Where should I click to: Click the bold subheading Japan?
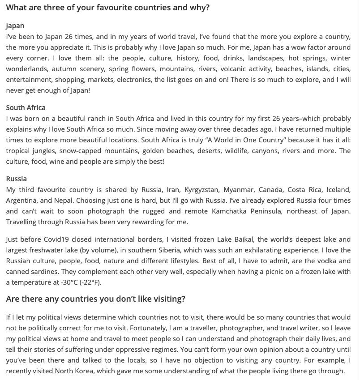click(x=15, y=26)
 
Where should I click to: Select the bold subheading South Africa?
click(x=26, y=108)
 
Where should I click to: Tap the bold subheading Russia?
click(x=16, y=179)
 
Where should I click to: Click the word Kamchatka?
click(x=232, y=211)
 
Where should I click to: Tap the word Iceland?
click(x=339, y=190)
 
